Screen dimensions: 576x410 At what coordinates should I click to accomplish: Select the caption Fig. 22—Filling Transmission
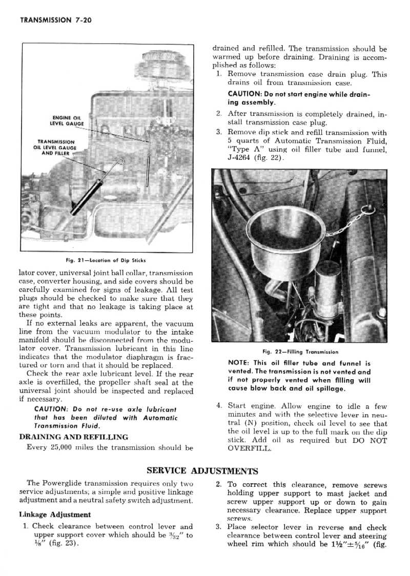click(x=300, y=352)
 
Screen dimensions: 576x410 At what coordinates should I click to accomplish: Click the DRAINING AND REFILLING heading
click(x=73, y=437)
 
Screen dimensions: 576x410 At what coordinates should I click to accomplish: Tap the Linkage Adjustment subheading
click(x=55, y=515)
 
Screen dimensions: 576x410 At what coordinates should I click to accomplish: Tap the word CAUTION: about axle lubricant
click(x=49, y=409)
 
